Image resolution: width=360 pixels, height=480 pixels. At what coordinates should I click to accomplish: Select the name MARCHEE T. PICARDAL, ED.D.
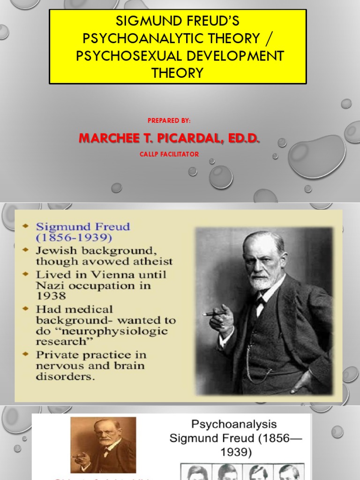tap(169, 138)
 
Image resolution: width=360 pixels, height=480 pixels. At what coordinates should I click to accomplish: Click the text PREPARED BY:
tap(169, 120)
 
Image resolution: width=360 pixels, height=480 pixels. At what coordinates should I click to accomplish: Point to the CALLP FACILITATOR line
tap(169, 154)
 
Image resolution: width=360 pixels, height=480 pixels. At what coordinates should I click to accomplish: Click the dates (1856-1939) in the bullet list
tap(74, 237)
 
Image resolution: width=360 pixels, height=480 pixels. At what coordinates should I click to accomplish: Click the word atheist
tap(152, 261)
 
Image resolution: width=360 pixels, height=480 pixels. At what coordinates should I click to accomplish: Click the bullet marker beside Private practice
tap(25, 354)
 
